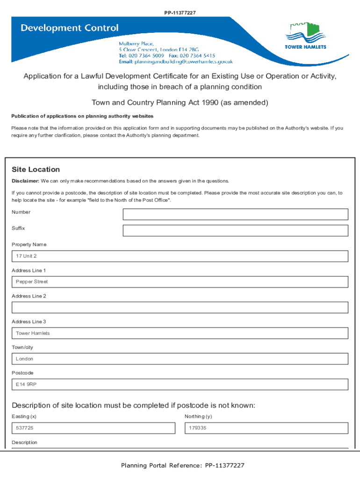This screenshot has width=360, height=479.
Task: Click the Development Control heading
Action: coord(69,28)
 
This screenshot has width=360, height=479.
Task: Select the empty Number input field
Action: coord(235,214)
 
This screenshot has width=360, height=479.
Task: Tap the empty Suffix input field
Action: coord(235,231)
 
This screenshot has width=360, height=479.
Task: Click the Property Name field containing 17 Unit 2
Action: coord(180,256)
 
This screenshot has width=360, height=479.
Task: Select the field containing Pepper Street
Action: coord(180,282)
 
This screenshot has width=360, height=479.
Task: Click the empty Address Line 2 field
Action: coord(180,307)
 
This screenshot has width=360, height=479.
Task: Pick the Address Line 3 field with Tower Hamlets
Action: coord(180,333)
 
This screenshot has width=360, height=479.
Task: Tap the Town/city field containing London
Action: coord(180,359)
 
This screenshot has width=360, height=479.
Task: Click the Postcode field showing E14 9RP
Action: coord(180,385)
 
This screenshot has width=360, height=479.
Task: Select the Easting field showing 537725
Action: coord(94,428)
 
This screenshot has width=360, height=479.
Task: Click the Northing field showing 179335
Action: coord(266,428)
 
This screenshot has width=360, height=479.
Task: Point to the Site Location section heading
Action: coord(36,169)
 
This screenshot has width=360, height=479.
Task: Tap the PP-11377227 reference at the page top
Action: coord(180,12)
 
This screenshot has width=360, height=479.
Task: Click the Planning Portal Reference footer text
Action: coord(182,465)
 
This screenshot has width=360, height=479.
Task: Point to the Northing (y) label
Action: coord(198,416)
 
